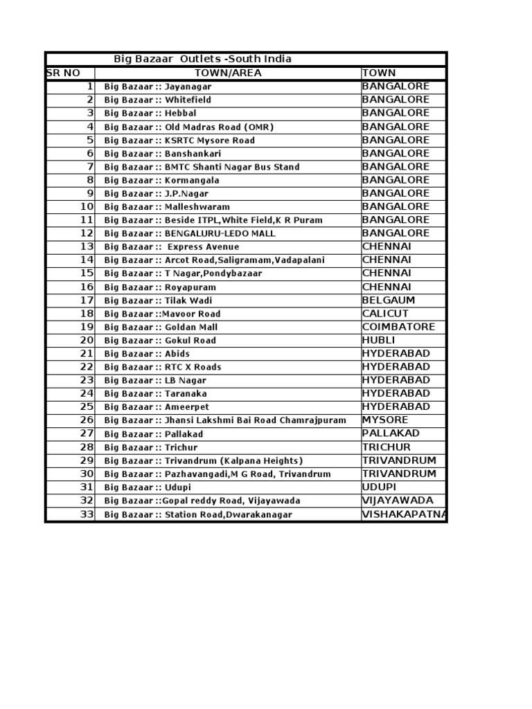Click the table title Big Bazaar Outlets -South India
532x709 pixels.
(202, 59)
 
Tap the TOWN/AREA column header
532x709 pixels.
(228, 73)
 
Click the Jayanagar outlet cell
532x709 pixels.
(158, 87)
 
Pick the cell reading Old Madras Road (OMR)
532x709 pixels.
(189, 127)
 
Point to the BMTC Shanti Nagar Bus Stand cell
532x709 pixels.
(202, 167)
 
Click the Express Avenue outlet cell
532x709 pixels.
(172, 246)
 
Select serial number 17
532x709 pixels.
(87, 300)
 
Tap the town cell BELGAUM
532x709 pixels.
(386, 300)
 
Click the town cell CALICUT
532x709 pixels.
(385, 313)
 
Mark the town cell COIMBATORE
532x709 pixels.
(398, 326)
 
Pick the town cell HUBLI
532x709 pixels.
(378, 340)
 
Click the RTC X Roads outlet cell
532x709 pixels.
(163, 366)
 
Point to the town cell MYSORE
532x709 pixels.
(385, 420)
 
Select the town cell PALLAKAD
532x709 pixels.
(391, 433)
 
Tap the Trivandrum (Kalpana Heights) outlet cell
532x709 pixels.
(203, 460)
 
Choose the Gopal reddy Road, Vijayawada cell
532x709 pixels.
(202, 501)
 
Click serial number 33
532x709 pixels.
(87, 514)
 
